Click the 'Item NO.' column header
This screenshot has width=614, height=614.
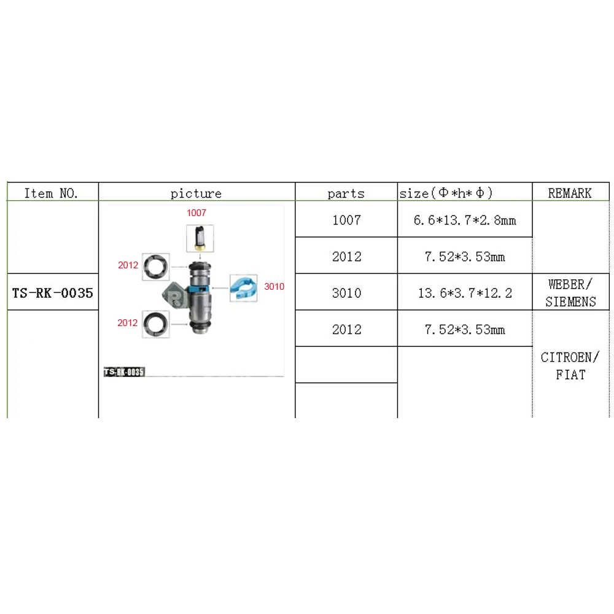52,193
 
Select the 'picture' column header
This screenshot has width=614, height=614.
196,193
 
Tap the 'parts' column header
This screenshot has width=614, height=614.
346,193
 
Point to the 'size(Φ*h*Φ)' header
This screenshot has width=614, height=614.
446,193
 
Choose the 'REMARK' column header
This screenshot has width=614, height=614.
570,193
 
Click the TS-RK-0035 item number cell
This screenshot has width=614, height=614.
53,293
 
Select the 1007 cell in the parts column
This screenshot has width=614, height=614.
346,220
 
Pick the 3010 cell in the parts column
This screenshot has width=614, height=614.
346,293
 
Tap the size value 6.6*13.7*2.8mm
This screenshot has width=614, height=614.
464,220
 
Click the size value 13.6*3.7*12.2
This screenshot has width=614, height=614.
464,293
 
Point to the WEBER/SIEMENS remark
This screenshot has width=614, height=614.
570,293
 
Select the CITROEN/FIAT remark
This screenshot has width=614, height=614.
570,365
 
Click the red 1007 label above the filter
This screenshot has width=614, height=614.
196,213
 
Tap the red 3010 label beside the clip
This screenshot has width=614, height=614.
274,286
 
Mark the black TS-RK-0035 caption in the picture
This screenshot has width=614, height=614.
123,371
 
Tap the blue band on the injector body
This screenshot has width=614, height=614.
201,288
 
